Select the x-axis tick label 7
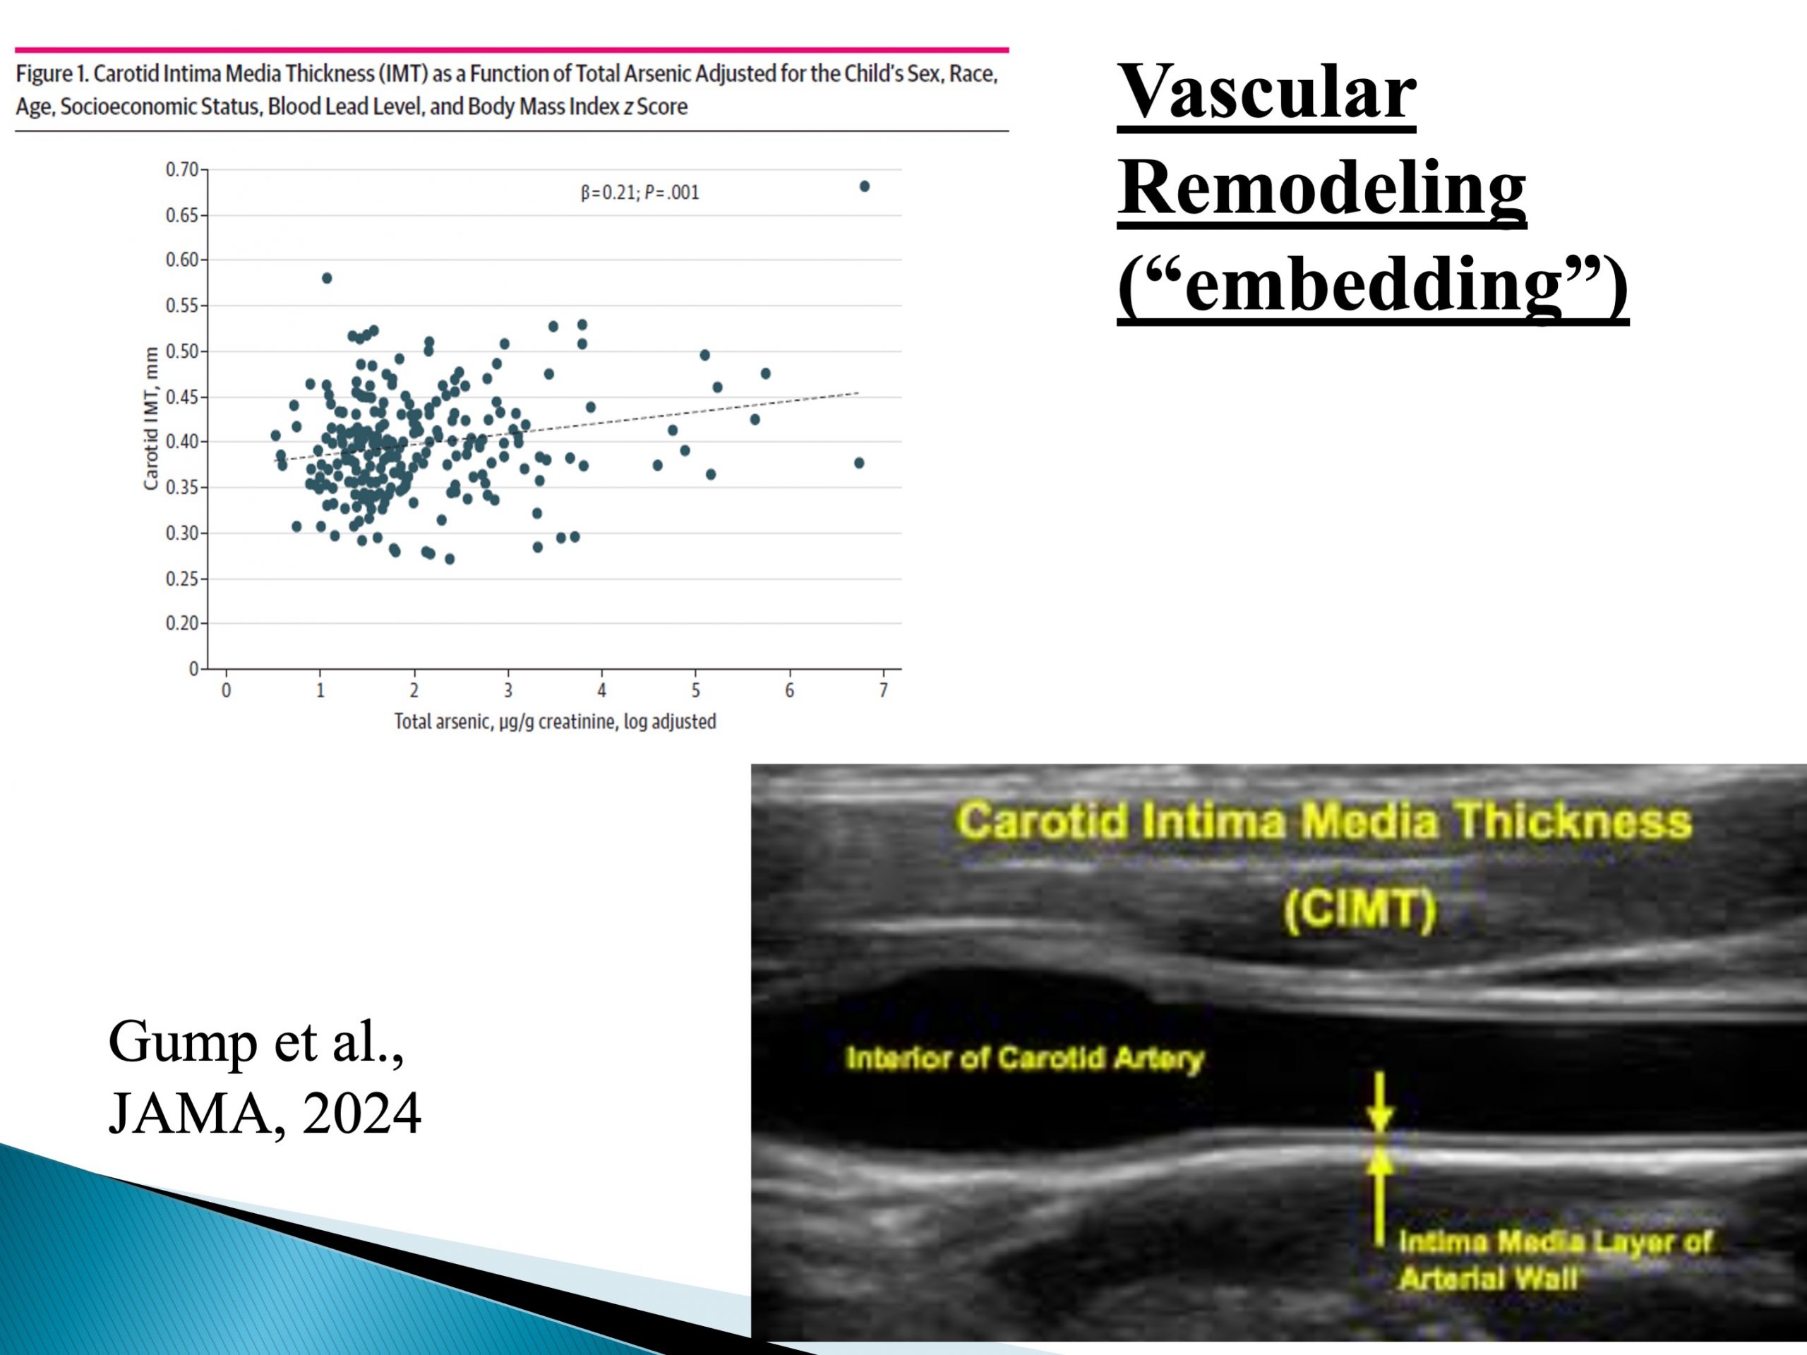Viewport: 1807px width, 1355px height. point(883,690)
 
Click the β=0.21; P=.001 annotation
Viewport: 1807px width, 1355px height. point(640,193)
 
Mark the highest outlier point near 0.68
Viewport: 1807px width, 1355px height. point(864,186)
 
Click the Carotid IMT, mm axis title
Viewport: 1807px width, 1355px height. point(150,418)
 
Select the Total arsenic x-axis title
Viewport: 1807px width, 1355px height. point(555,722)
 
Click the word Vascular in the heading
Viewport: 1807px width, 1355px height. point(1266,92)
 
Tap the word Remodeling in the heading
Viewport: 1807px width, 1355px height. point(1322,188)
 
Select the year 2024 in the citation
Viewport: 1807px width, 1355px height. point(362,1113)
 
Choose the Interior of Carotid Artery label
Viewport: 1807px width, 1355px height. point(1025,1059)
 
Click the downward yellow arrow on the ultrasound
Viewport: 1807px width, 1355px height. point(1380,1102)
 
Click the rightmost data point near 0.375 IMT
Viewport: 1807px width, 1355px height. point(858,463)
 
